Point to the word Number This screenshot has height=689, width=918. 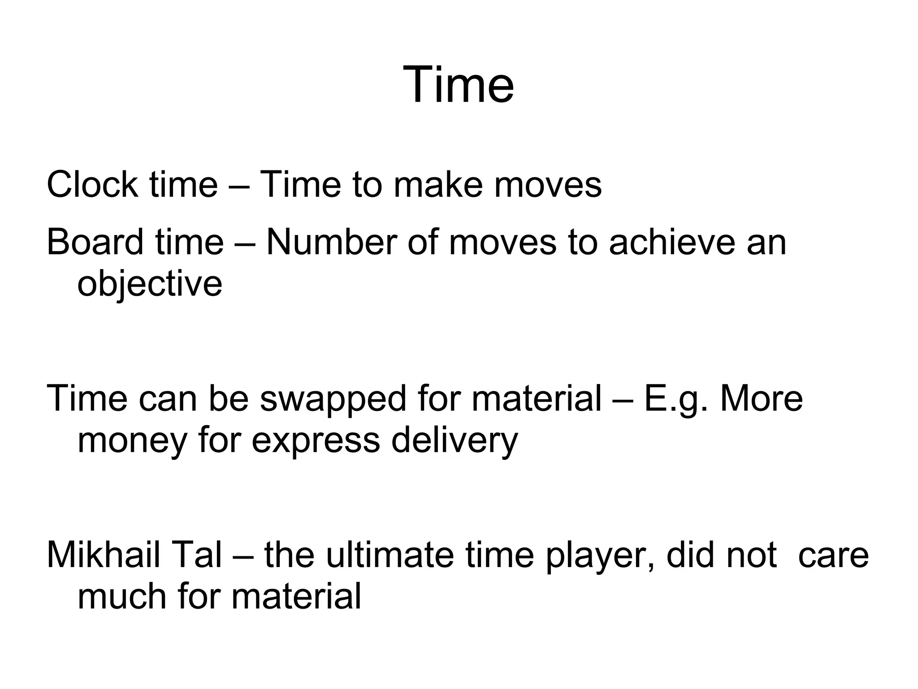331,242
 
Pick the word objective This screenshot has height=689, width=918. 150,284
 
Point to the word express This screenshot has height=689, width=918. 316,441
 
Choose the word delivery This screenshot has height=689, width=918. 454,440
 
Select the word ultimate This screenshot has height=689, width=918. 389,555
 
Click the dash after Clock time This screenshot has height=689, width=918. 239,185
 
